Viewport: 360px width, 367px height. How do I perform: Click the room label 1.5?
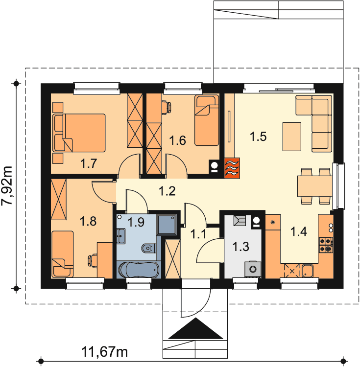coord(258,137)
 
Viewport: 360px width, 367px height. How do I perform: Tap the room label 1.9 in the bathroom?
coord(136,222)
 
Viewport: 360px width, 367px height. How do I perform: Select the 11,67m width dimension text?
coord(104,351)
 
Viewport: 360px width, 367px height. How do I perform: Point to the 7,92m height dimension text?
coord(6,185)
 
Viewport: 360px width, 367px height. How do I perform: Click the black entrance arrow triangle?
coord(196,328)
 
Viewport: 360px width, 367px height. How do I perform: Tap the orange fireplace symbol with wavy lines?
coord(232,168)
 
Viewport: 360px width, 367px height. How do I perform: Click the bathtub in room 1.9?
coord(139,270)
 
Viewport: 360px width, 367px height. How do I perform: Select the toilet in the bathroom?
coord(149,248)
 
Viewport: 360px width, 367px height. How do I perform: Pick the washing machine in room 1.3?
coord(253,270)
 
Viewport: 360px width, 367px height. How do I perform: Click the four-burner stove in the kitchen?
coord(326,245)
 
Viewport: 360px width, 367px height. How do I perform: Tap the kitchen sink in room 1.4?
coord(307,271)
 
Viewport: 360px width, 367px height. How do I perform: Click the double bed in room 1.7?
coord(79,133)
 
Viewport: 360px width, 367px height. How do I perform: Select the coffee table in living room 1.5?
coord(292,137)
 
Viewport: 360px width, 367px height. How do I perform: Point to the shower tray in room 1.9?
coord(167,225)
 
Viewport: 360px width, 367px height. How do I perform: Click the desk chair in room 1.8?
coord(93,261)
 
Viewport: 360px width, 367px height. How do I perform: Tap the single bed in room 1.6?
coord(207,120)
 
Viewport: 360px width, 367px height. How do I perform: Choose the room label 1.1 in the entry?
coord(198,234)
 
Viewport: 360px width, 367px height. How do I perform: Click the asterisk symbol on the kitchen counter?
coord(273,222)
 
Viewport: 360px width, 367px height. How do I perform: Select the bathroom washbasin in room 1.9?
coord(120,236)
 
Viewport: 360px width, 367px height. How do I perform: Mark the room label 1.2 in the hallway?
coord(167,191)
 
